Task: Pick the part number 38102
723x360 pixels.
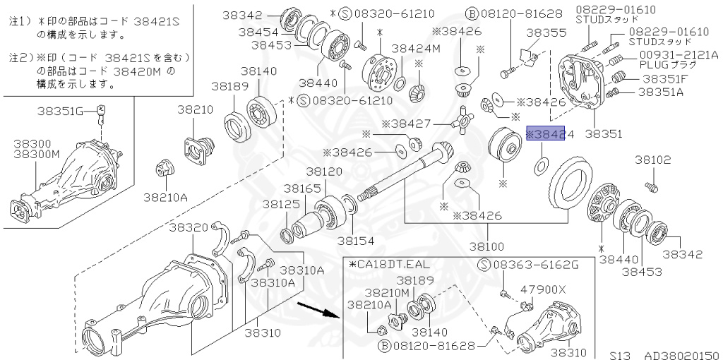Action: coord(652,160)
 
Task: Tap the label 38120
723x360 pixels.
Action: coord(324,172)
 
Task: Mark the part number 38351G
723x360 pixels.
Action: coord(66,110)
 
